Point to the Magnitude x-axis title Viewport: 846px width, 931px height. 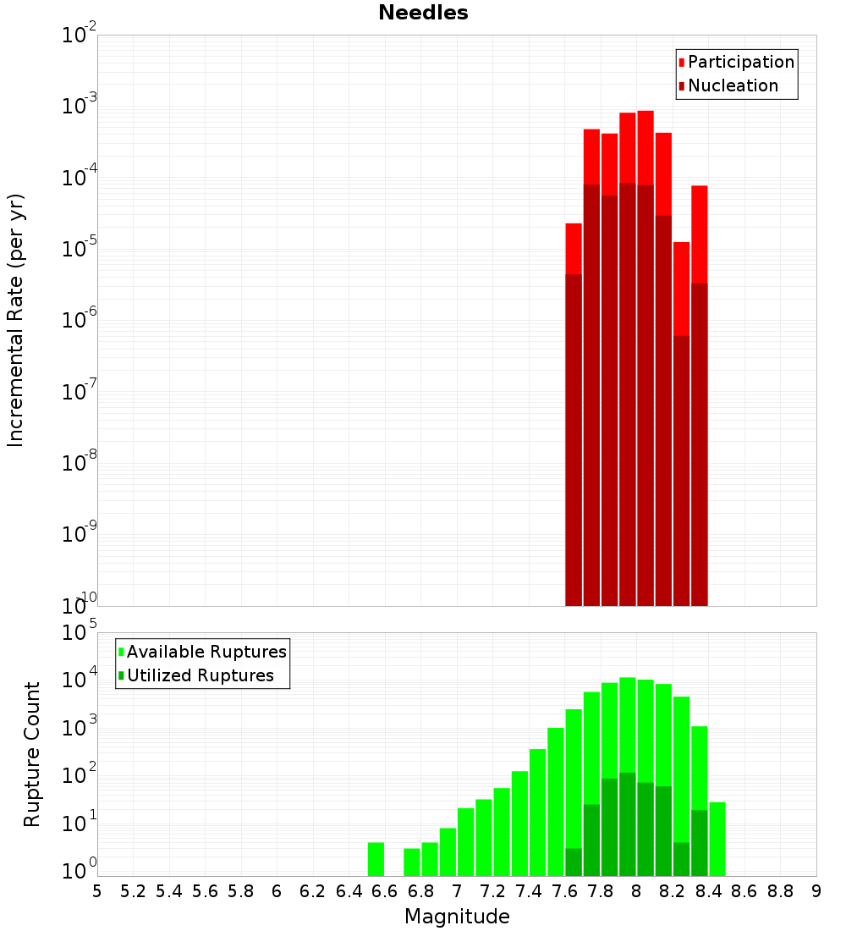(x=457, y=917)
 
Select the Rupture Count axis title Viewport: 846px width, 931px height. (x=32, y=754)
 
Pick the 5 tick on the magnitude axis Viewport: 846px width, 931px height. (x=97, y=890)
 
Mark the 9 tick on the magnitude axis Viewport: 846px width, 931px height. (x=816, y=890)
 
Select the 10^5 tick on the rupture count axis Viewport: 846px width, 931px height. (x=81, y=632)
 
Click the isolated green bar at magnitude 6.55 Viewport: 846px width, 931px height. (x=376, y=859)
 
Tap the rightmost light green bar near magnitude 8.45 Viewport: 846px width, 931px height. (x=717, y=839)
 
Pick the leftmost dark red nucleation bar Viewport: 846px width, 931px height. (x=574, y=440)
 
